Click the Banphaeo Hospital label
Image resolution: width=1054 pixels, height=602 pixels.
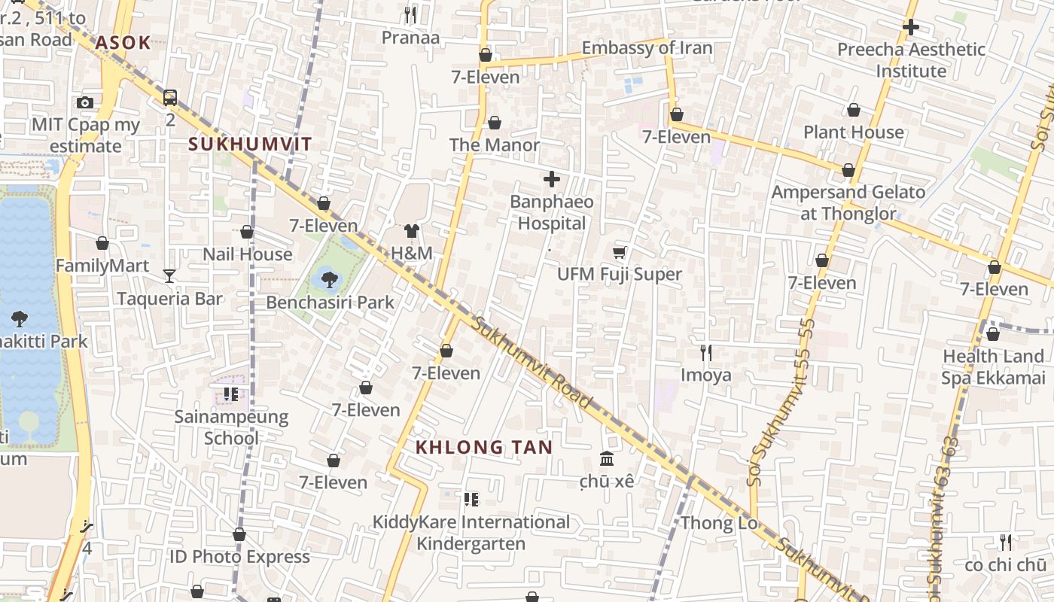(x=552, y=213)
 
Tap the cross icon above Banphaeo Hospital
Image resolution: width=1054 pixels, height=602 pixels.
(x=552, y=179)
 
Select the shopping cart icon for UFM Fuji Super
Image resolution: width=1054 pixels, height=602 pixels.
(x=619, y=253)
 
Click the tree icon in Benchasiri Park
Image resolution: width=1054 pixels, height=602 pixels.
(x=329, y=280)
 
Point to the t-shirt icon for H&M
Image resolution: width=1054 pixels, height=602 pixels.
(x=411, y=231)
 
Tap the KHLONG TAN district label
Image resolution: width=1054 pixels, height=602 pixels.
(x=484, y=447)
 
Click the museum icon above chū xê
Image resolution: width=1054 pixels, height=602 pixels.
(x=607, y=458)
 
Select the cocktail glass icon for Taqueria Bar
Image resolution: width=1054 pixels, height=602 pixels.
(x=169, y=276)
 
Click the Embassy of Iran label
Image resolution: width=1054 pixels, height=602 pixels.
(x=647, y=48)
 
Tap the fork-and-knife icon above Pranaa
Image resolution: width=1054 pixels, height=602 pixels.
(x=410, y=14)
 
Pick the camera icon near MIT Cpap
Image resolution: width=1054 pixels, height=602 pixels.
(x=85, y=102)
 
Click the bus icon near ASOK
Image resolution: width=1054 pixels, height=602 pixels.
(x=170, y=97)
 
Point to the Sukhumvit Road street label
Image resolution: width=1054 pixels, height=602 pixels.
(x=533, y=363)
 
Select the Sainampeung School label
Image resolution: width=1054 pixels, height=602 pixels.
(x=231, y=427)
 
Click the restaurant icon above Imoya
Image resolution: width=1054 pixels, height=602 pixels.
(x=706, y=352)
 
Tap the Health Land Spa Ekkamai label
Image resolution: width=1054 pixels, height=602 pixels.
(x=993, y=366)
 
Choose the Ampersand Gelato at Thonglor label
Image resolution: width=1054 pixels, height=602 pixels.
(x=848, y=202)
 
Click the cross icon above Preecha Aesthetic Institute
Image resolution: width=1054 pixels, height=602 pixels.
(x=911, y=27)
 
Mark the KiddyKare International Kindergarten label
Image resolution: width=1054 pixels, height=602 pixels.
(x=471, y=532)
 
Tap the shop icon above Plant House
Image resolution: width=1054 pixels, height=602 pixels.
(x=854, y=111)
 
